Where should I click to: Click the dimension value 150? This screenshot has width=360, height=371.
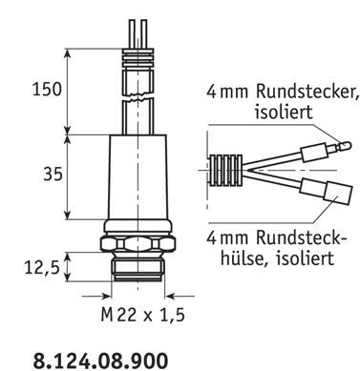coord(47,90)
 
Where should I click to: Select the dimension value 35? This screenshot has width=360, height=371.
coord(53,175)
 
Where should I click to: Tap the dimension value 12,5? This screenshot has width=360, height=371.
coord(42,268)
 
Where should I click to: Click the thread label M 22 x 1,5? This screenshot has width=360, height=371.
coord(142,315)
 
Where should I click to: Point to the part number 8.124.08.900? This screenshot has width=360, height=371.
coord(100,361)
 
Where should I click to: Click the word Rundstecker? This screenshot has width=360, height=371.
coord(307,92)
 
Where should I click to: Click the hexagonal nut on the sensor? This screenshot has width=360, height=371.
coord(138,244)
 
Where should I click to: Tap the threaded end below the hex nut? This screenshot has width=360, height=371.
coord(138,267)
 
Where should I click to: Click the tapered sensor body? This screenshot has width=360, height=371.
coord(138,177)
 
